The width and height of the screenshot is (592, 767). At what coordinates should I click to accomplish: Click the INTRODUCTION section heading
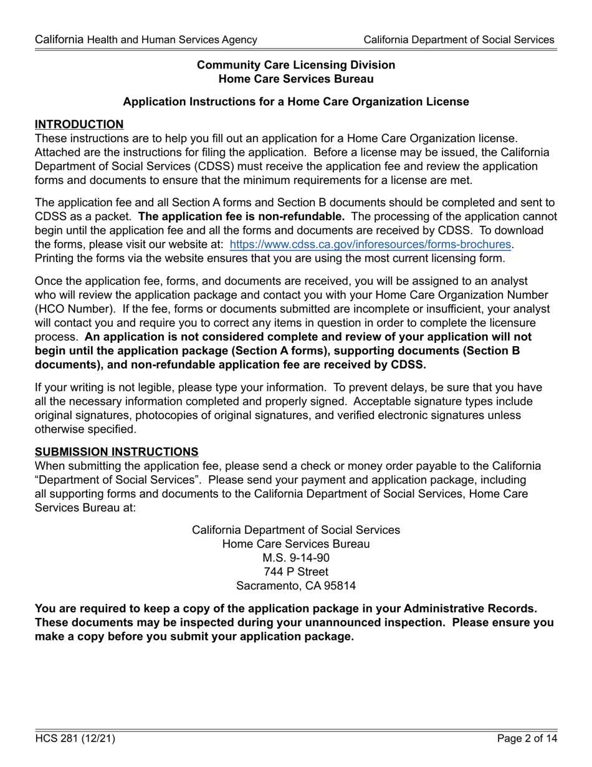point(79,124)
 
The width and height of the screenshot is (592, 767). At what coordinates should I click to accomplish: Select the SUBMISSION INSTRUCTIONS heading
point(117,451)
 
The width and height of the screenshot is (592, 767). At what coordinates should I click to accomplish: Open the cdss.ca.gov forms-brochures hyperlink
point(370,244)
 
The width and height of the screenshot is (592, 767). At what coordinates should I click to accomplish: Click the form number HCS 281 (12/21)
point(75,739)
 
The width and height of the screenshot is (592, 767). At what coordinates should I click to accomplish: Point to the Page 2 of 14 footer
point(527,739)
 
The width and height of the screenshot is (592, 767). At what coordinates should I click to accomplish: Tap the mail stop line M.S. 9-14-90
point(296,557)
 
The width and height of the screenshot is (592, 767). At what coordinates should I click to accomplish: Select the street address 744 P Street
point(296,572)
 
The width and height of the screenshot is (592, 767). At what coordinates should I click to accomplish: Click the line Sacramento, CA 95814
point(296,586)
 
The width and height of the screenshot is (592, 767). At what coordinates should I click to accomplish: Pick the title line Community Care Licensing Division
point(296,65)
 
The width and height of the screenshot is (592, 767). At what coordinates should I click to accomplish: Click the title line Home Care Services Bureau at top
point(296,79)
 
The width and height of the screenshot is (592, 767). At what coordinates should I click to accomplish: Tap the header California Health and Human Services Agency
point(146,40)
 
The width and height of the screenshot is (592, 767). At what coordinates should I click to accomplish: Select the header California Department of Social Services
point(459,40)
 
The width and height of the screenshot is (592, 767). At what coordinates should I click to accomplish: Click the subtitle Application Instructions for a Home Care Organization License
point(296,102)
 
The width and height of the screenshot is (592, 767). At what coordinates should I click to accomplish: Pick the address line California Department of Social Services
point(296,530)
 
